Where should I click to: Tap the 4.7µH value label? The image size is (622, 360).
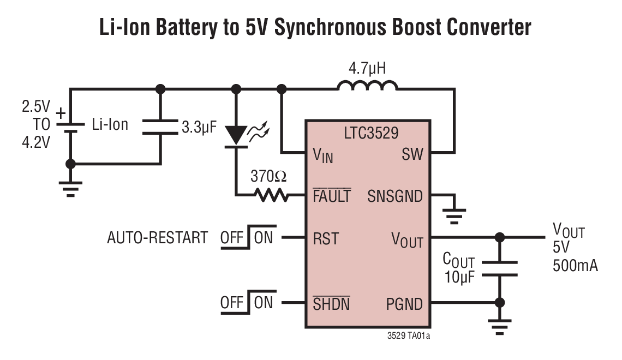(367, 69)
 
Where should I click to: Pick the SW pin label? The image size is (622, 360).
(412, 154)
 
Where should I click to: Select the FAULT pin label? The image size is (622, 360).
(332, 196)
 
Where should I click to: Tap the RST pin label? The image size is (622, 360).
(326, 238)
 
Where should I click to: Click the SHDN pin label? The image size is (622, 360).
(331, 303)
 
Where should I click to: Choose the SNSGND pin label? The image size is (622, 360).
(395, 196)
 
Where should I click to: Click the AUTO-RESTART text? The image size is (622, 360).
(157, 238)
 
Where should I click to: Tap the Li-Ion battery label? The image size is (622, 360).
(110, 124)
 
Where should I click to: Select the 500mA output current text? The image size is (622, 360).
(575, 266)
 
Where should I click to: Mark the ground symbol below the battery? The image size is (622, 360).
(70, 188)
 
